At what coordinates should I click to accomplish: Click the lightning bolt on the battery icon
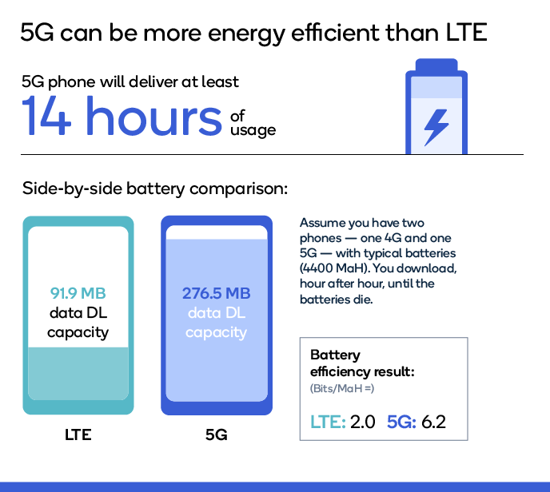(x=436, y=127)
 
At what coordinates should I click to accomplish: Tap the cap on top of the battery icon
(x=436, y=65)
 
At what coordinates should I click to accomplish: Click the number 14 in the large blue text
(x=46, y=115)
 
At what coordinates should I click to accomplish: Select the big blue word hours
(x=154, y=115)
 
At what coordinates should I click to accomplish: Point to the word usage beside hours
(x=253, y=131)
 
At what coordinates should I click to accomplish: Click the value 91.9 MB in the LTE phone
(x=78, y=293)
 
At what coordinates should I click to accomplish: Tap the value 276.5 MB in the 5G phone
(x=217, y=293)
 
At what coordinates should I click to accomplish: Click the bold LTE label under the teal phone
(x=78, y=434)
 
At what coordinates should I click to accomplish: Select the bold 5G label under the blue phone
(x=217, y=434)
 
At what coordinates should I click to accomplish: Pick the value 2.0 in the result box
(x=363, y=422)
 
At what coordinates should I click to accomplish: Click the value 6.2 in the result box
(x=433, y=422)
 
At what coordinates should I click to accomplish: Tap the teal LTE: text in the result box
(x=328, y=422)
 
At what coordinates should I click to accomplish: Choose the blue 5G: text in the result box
(x=401, y=422)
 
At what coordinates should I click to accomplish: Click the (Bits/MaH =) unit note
(x=342, y=388)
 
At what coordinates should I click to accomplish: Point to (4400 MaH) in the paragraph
(x=335, y=268)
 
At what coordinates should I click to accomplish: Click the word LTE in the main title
(x=467, y=33)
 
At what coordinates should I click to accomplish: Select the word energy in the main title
(x=247, y=34)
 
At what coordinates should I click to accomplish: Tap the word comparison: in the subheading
(x=238, y=189)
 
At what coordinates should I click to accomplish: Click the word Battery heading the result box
(x=335, y=355)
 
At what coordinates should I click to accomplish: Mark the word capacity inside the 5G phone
(x=216, y=332)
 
